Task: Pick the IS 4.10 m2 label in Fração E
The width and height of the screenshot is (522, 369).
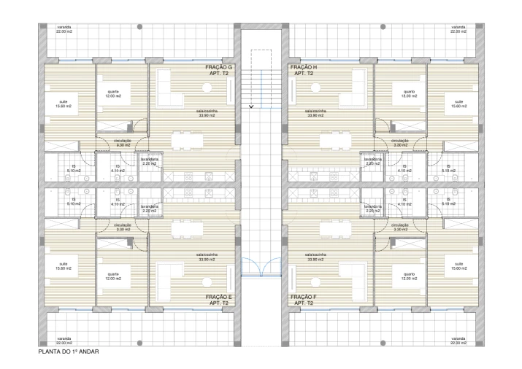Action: pyautogui.click(x=117, y=203)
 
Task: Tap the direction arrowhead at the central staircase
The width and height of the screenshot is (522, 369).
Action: pyautogui.click(x=252, y=106)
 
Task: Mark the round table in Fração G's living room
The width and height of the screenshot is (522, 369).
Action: pyautogui.click(x=207, y=88)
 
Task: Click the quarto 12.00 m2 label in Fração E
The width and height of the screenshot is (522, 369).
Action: pyautogui.click(x=114, y=276)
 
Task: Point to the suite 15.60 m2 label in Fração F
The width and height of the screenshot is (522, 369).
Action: pyautogui.click(x=458, y=265)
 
